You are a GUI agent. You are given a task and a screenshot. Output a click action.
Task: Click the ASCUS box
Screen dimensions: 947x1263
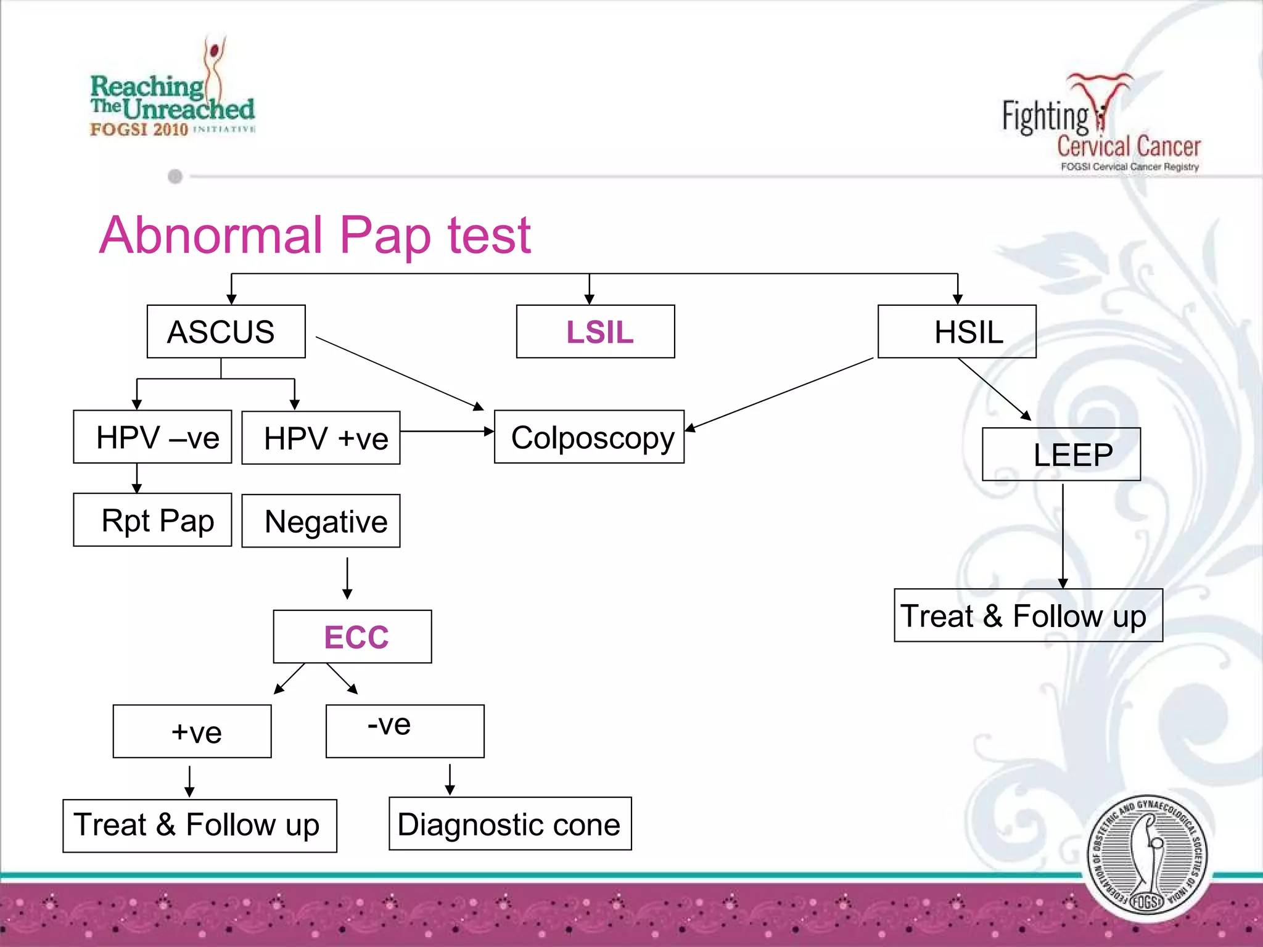226,332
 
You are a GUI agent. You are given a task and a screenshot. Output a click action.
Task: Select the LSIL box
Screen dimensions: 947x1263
595,332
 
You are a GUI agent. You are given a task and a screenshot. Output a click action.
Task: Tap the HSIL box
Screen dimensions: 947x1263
957,332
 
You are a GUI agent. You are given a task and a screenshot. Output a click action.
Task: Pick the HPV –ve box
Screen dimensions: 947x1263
152,437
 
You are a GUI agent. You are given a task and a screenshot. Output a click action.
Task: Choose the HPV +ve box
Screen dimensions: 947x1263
321,438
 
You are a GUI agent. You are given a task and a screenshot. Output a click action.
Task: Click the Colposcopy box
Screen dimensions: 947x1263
589,437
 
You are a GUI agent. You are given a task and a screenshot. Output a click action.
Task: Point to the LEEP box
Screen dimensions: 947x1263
1061,454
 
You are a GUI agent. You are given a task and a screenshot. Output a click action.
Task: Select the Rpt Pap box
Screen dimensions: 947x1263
152,520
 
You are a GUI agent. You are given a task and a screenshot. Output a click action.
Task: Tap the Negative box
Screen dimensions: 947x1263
321,521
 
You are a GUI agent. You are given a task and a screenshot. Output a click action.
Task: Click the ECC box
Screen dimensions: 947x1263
352,637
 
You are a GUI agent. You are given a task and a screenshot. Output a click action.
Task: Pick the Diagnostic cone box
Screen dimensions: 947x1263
510,824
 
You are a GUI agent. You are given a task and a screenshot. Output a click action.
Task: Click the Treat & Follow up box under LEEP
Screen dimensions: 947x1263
1028,615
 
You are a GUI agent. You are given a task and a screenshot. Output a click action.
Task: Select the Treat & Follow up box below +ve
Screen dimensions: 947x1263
200,826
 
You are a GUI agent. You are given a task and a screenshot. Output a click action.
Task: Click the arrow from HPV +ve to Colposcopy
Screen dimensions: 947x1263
447,431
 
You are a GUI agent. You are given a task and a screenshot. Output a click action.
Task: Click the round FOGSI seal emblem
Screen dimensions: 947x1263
1146,857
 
